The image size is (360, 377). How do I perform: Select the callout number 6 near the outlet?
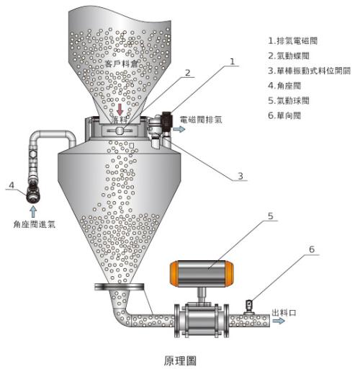(x=311, y=249)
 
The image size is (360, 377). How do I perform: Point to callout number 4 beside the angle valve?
(x=11, y=186)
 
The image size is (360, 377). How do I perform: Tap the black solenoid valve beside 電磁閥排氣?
(x=167, y=119)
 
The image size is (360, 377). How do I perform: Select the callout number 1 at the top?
(x=233, y=62)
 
